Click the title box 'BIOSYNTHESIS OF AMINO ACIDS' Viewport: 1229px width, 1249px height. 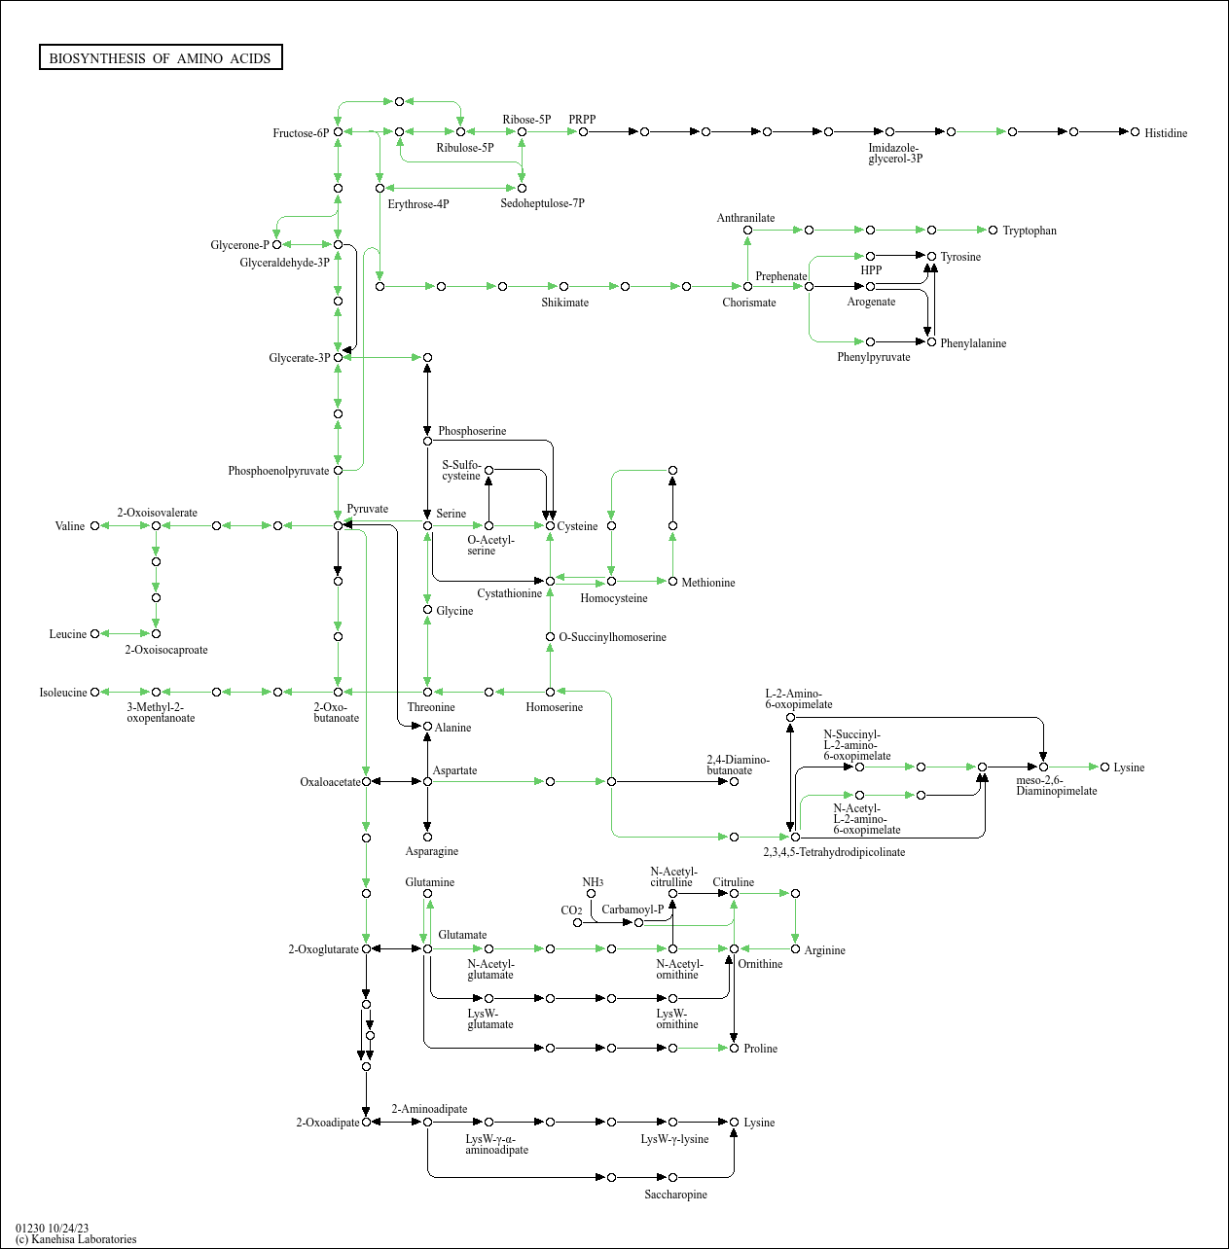(161, 58)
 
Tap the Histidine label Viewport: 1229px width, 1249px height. (1165, 133)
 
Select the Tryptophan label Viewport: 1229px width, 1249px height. (1029, 231)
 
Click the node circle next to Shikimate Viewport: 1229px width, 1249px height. (563, 286)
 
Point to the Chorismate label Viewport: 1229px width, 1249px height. (748, 303)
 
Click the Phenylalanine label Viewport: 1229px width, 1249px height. (972, 343)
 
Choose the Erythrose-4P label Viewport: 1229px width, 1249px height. (417, 204)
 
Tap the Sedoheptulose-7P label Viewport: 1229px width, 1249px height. (542, 203)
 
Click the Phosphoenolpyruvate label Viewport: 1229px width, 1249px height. (278, 471)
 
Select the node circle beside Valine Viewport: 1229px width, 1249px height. (94, 526)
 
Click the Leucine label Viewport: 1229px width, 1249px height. (68, 634)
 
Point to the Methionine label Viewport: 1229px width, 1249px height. (707, 583)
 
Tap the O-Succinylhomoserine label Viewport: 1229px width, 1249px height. (612, 637)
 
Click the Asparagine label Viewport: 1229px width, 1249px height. (431, 851)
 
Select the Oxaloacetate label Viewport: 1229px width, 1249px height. (330, 782)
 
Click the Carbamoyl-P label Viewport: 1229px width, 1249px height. (632, 910)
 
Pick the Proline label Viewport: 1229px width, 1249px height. (760, 1049)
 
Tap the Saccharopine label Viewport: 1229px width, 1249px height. (675, 1195)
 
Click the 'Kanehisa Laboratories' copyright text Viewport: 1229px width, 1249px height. (76, 1239)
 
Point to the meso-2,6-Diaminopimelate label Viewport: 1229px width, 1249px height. (1056, 785)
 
